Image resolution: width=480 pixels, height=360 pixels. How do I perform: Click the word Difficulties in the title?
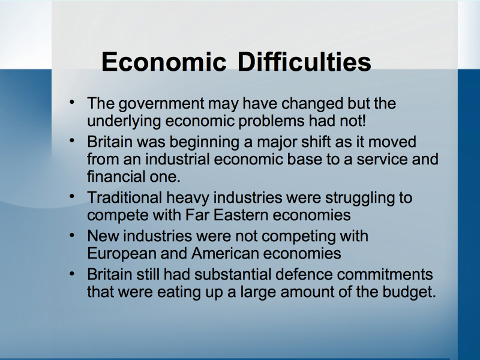coord(304,62)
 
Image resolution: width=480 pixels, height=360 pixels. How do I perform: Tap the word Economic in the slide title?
coord(164,62)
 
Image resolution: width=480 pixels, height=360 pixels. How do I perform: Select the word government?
coord(161,104)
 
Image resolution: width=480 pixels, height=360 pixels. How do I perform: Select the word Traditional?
coord(125,197)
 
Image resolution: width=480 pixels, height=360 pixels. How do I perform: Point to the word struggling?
coord(359,199)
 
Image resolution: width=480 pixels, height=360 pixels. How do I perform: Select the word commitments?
coord(385,274)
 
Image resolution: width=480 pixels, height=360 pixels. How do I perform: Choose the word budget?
coord(409,292)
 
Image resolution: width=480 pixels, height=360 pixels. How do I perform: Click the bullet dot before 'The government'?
coord(72,101)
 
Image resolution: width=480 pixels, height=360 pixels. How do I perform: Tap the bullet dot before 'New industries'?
coord(72,235)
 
